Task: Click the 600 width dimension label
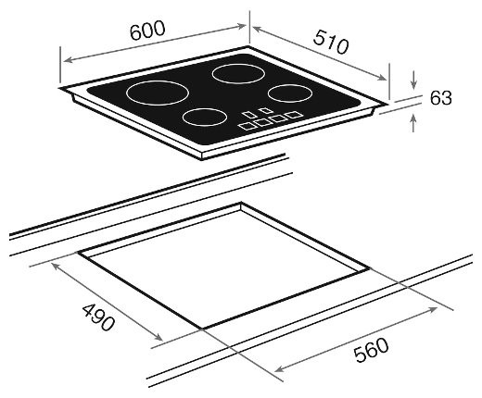click(147, 31)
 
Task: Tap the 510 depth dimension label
click(331, 42)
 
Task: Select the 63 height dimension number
click(440, 98)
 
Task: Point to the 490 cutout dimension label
click(98, 317)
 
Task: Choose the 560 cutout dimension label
click(371, 350)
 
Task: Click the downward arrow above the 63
click(414, 80)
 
